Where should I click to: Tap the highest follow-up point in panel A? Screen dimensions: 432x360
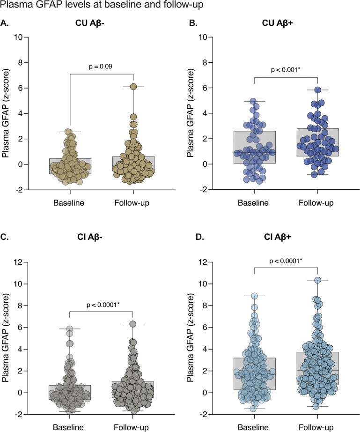click(133, 87)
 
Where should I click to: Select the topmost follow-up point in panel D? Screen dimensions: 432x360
click(317, 280)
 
